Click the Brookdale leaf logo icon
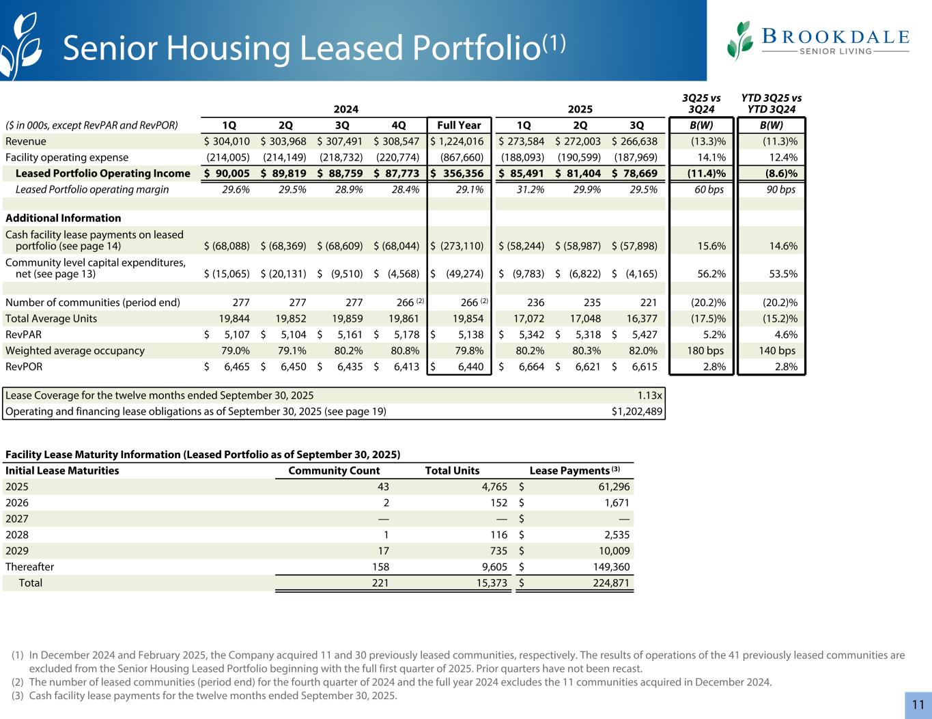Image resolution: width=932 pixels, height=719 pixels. [740, 40]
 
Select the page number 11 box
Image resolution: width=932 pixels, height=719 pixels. [918, 705]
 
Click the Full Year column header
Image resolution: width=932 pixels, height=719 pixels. [458, 125]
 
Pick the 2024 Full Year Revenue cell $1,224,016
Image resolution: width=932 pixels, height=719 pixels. [457, 141]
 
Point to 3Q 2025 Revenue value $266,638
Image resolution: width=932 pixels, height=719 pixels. [635, 141]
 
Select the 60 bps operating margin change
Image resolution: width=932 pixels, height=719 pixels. [710, 189]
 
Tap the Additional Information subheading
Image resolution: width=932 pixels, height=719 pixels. [63, 218]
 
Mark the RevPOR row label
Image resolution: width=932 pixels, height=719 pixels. [23, 367]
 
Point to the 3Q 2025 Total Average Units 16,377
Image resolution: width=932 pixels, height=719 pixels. [641, 318]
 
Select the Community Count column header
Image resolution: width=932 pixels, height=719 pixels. [334, 470]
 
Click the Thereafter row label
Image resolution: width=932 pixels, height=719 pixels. [29, 567]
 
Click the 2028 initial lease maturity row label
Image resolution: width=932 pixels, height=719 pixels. [17, 535]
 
